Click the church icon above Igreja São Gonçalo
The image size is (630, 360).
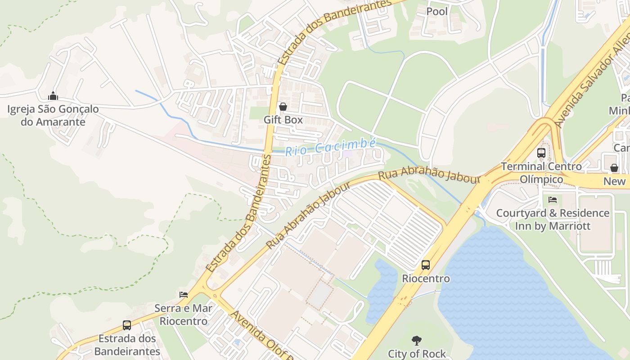pos(53,95)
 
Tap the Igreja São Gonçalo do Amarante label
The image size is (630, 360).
pos(53,115)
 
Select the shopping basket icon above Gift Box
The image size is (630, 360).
pos(283,107)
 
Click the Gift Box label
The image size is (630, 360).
pos(283,120)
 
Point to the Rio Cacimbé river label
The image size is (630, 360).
pos(331,147)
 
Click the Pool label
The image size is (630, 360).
pos(437,11)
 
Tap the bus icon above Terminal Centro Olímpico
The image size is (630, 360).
pos(541,153)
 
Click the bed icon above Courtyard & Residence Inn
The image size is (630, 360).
pos(553,199)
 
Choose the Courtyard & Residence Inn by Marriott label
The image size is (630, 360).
pos(553,219)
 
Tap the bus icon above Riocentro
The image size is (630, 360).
pos(426,265)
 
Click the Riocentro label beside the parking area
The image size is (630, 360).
pos(426,279)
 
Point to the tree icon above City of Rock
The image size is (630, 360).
pos(417,341)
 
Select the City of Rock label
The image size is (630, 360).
pos(417,354)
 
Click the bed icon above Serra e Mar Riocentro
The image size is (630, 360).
pos(184,295)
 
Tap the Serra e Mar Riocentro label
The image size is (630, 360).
pos(184,315)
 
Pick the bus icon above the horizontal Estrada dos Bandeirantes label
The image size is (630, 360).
pos(127,325)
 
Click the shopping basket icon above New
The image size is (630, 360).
pos(614,168)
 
